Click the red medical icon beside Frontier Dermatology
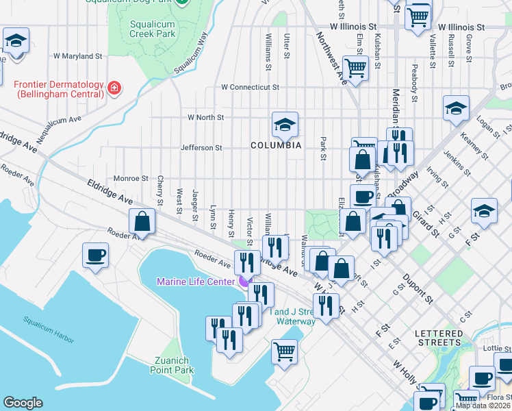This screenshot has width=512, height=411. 114,88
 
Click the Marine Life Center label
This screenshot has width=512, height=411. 196,282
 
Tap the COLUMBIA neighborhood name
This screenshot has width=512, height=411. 276,145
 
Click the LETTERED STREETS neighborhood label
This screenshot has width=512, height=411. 438,337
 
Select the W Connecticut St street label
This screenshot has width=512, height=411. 251,88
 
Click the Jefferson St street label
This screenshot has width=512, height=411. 201,147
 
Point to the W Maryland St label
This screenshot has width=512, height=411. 77,55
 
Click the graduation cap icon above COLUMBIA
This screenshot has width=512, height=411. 285,124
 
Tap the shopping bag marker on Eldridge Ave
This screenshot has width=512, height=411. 142,221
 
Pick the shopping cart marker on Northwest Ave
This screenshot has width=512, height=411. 355,68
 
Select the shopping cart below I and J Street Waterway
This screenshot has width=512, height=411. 285,351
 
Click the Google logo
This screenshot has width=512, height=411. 23,403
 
